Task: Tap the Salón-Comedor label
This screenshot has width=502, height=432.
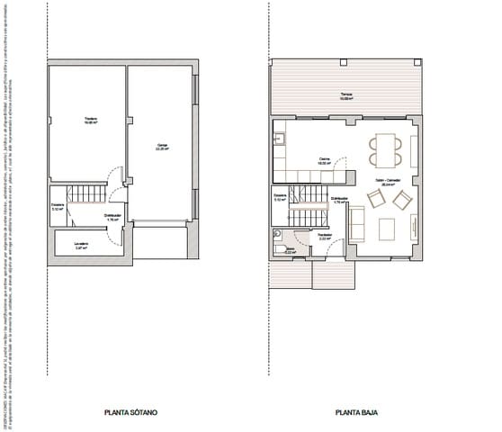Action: coord(389,181)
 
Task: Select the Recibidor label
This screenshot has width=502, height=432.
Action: coord(326,238)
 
